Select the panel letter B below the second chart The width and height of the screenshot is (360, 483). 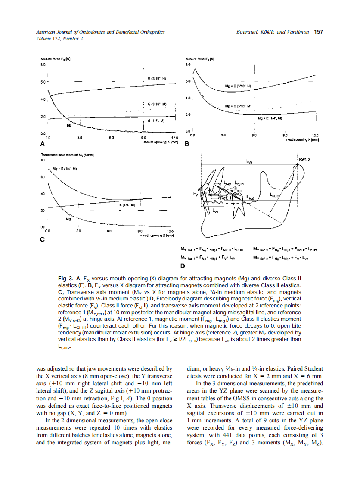pos(187,144)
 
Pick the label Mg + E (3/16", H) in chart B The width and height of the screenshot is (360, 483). pos(238,86)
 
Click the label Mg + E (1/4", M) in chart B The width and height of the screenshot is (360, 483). pos(270,117)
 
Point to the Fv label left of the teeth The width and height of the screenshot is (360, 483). pos(195,194)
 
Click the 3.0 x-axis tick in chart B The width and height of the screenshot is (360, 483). pos(223,135)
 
